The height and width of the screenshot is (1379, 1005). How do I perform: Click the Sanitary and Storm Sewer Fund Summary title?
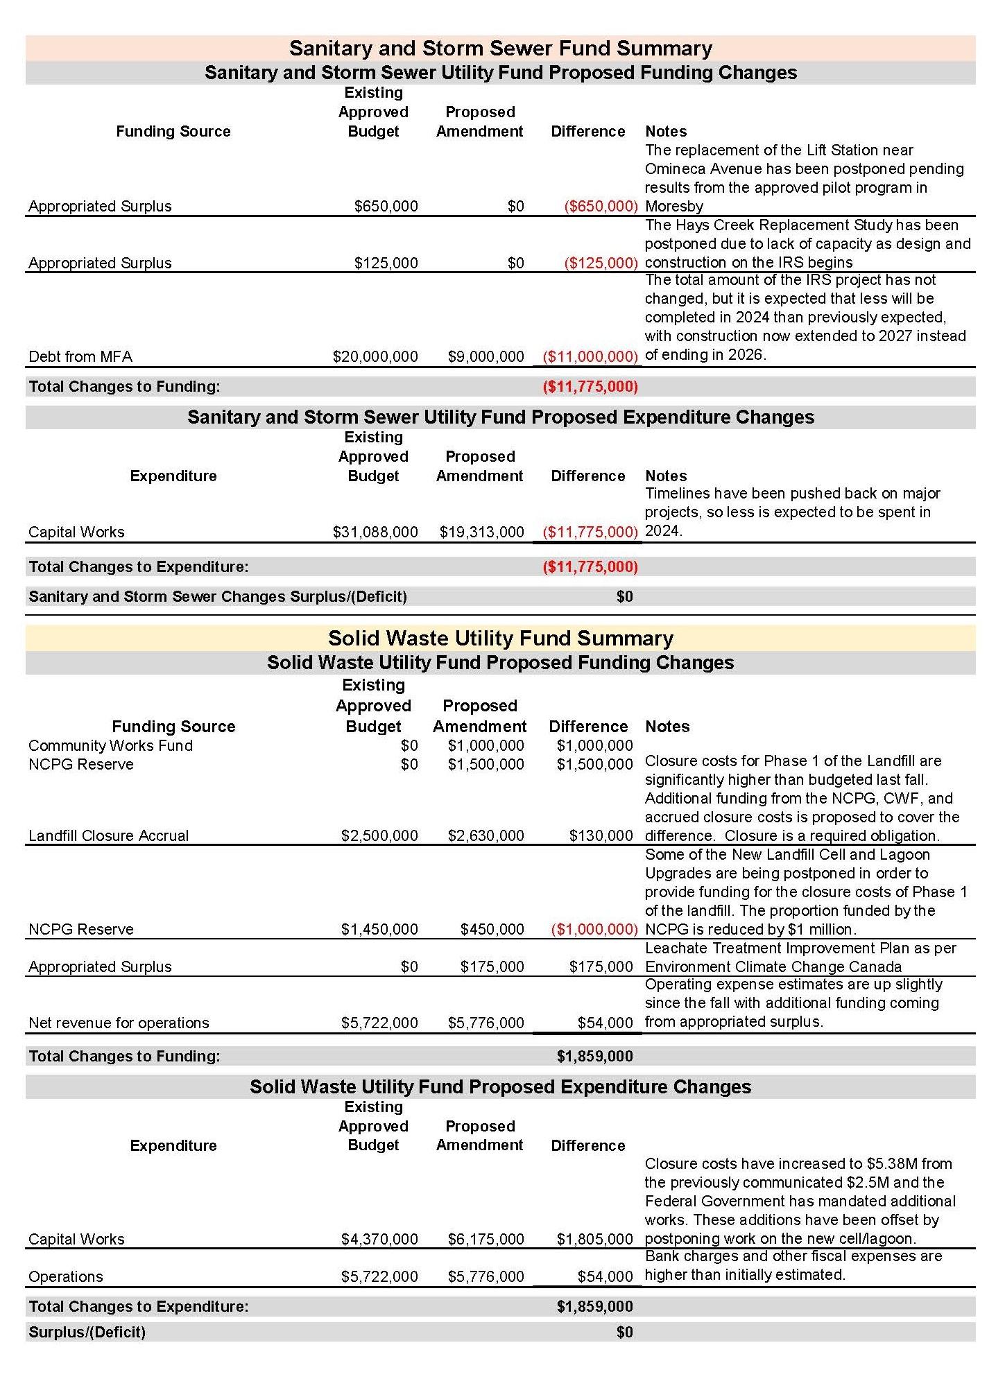pyautogui.click(x=500, y=48)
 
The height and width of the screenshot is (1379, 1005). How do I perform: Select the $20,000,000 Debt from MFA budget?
pyautogui.click(x=375, y=356)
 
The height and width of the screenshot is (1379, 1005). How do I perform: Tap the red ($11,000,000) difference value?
pyautogui.click(x=590, y=356)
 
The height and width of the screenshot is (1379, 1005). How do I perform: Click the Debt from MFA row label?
pyautogui.click(x=80, y=356)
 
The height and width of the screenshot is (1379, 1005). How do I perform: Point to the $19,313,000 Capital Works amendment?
pyautogui.click(x=481, y=532)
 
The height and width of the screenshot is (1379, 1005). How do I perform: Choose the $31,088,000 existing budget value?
pyautogui.click(x=375, y=532)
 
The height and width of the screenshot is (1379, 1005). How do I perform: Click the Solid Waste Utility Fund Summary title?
pyautogui.click(x=500, y=638)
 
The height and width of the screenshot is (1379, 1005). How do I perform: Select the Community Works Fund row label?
pyautogui.click(x=110, y=745)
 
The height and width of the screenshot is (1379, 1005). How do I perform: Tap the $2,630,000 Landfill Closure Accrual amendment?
pyautogui.click(x=486, y=835)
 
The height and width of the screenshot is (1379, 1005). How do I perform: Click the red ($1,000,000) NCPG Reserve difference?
pyautogui.click(x=594, y=929)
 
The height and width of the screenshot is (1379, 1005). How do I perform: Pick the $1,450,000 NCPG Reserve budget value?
pyautogui.click(x=379, y=929)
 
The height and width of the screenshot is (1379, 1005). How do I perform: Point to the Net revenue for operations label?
pyautogui.click(x=119, y=1023)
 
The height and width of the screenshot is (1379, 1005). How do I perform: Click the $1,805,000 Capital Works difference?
pyautogui.click(x=594, y=1239)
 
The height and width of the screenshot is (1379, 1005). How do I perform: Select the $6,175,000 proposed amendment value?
pyautogui.click(x=486, y=1239)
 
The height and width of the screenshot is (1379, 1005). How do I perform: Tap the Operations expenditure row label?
pyautogui.click(x=65, y=1276)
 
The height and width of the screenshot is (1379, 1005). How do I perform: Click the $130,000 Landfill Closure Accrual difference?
pyautogui.click(x=601, y=835)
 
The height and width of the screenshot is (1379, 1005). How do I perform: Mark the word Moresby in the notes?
pyautogui.click(x=673, y=206)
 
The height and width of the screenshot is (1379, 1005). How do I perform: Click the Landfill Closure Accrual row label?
pyautogui.click(x=108, y=835)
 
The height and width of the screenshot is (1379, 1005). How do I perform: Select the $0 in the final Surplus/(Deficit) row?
pyautogui.click(x=624, y=1332)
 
